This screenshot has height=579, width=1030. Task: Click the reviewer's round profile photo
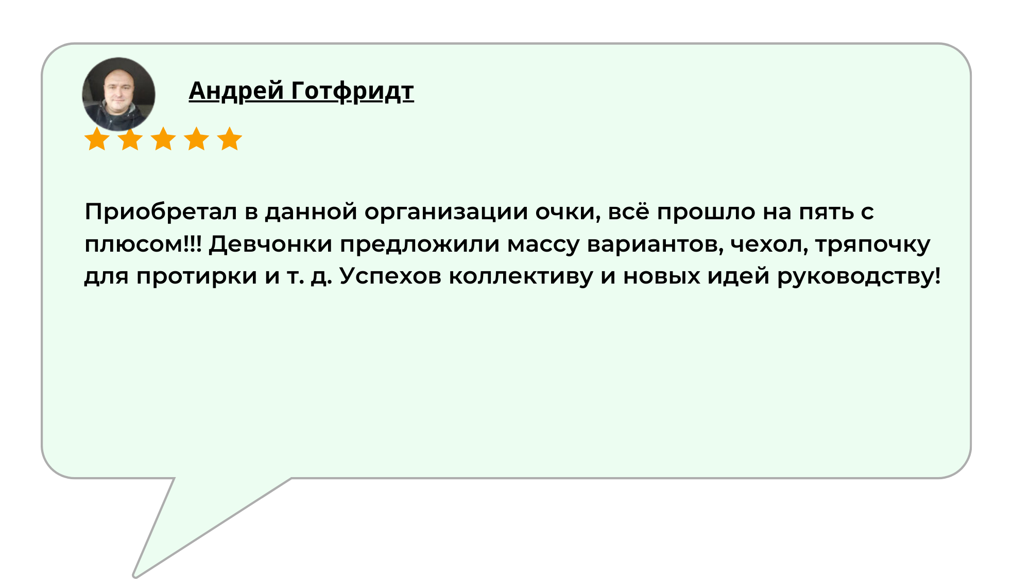point(118,94)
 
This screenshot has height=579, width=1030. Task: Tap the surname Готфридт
point(353,91)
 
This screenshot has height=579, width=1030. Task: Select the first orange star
point(97,139)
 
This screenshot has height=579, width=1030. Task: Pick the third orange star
point(163,139)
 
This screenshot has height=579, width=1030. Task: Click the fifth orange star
point(229,139)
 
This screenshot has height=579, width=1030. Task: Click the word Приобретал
point(161,212)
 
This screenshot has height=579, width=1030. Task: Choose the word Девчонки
point(270,244)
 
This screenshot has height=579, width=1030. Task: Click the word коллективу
point(521,276)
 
